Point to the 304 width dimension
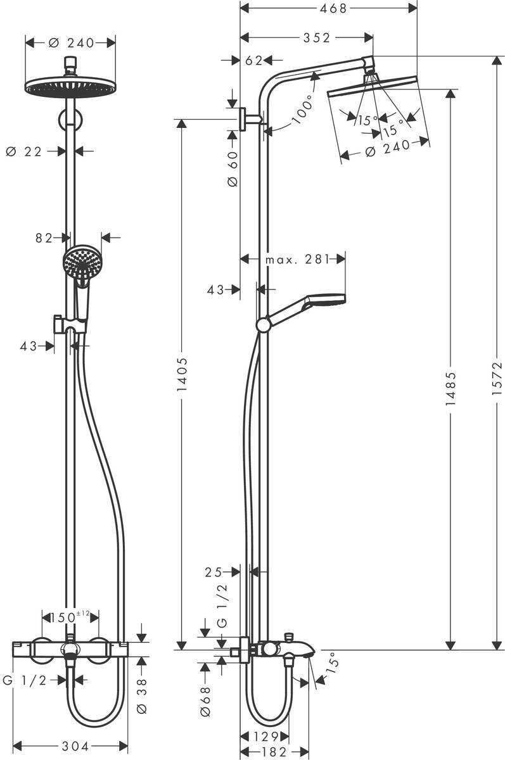coord(70,745)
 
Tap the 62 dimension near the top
coord(253,61)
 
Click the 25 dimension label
coord(214,572)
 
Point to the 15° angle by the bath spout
coord(331,664)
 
